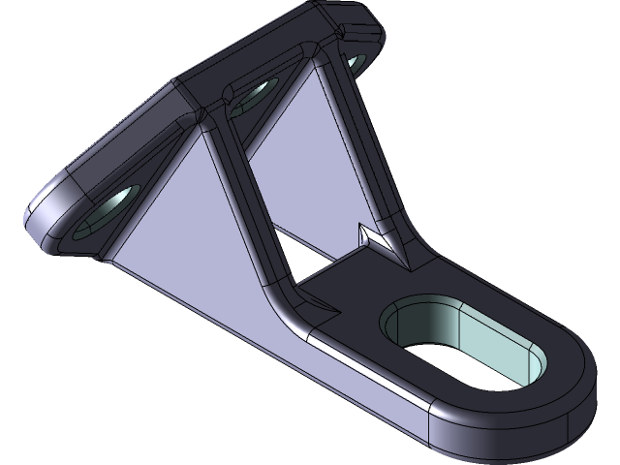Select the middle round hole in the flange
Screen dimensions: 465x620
click(255, 96)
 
